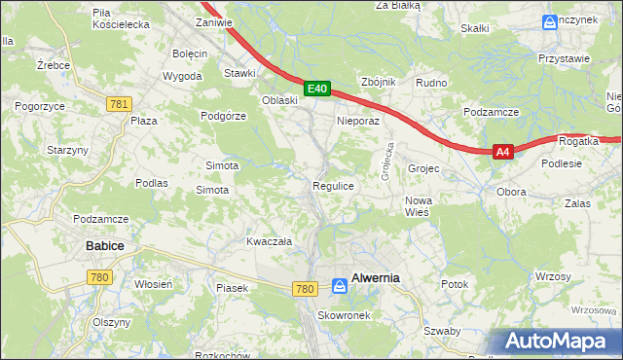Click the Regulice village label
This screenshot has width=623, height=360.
(332, 185)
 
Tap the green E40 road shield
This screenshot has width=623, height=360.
(316, 89)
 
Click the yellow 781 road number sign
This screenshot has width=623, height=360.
(120, 104)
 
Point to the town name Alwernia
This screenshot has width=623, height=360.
(376, 277)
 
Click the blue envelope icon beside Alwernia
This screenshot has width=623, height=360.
(339, 286)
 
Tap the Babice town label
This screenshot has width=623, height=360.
(105, 246)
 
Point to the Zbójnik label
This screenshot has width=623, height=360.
(378, 82)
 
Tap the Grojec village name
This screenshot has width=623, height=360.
(424, 168)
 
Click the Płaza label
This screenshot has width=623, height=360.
(144, 121)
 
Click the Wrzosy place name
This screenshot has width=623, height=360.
(553, 277)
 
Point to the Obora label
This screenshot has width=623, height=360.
(511, 192)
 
